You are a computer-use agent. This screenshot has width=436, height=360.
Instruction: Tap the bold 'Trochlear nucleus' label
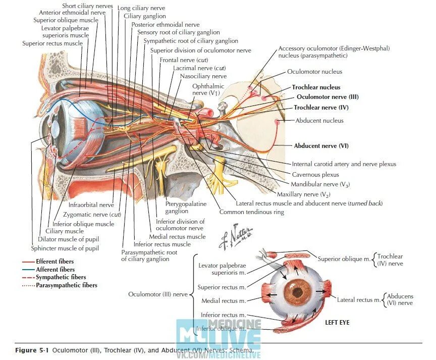316,87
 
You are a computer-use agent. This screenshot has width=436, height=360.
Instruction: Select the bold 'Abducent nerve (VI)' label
321,146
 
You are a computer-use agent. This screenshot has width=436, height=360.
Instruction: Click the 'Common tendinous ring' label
251,212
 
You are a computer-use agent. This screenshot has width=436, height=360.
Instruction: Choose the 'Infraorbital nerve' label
91,205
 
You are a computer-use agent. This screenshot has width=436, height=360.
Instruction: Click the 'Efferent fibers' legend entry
54,262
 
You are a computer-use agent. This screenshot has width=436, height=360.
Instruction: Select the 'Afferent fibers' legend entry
54,270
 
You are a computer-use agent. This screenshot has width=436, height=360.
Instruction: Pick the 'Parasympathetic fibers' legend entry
66,285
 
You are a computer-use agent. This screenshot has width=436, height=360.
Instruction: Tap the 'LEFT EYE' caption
337,322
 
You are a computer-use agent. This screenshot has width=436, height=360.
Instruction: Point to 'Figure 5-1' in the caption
33,350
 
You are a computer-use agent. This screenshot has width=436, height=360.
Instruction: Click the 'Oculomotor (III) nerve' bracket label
158,293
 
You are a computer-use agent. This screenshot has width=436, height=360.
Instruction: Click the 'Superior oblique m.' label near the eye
342,259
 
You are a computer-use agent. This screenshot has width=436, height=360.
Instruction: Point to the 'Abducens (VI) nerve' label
399,300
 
